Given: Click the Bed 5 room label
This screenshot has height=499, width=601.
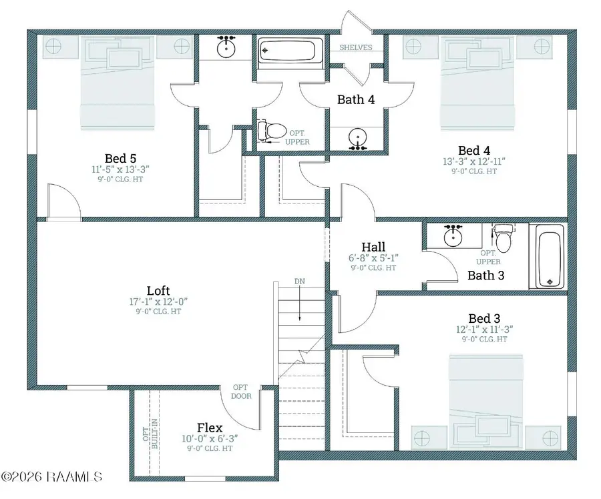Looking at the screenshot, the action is [120, 158].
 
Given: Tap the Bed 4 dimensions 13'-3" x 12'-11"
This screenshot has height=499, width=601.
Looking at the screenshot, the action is [474, 161].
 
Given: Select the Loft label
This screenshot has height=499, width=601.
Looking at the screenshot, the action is [158, 291].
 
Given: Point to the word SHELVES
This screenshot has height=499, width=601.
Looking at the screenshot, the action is [356, 47].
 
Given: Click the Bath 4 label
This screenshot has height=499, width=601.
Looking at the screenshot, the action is [356, 99].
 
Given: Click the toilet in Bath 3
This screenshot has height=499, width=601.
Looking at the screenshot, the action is [503, 237].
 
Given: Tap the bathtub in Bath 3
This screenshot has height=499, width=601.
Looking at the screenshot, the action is [550, 256].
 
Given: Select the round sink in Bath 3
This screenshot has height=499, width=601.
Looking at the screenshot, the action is [453, 236].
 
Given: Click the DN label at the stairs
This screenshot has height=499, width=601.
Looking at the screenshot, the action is [300, 282].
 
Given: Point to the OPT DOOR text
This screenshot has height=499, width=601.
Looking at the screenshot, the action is [242, 392].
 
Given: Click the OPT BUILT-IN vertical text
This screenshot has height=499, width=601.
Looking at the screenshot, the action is [150, 434].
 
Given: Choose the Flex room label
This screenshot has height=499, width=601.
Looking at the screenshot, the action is [210, 428].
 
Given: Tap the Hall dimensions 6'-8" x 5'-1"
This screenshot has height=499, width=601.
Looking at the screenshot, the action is [373, 258].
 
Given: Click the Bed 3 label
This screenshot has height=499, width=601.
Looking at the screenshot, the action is [484, 319].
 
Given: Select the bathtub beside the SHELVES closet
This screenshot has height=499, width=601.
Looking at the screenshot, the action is [287, 51].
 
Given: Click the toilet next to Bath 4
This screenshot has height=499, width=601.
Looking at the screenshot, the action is [271, 131].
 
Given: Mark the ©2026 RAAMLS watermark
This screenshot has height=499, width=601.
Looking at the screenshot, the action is [51, 477].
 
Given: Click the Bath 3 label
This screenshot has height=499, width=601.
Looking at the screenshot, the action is [486, 276].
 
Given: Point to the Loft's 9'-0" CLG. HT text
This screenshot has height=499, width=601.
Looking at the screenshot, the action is [158, 312].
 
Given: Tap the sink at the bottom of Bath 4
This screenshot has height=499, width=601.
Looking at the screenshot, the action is [358, 138].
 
